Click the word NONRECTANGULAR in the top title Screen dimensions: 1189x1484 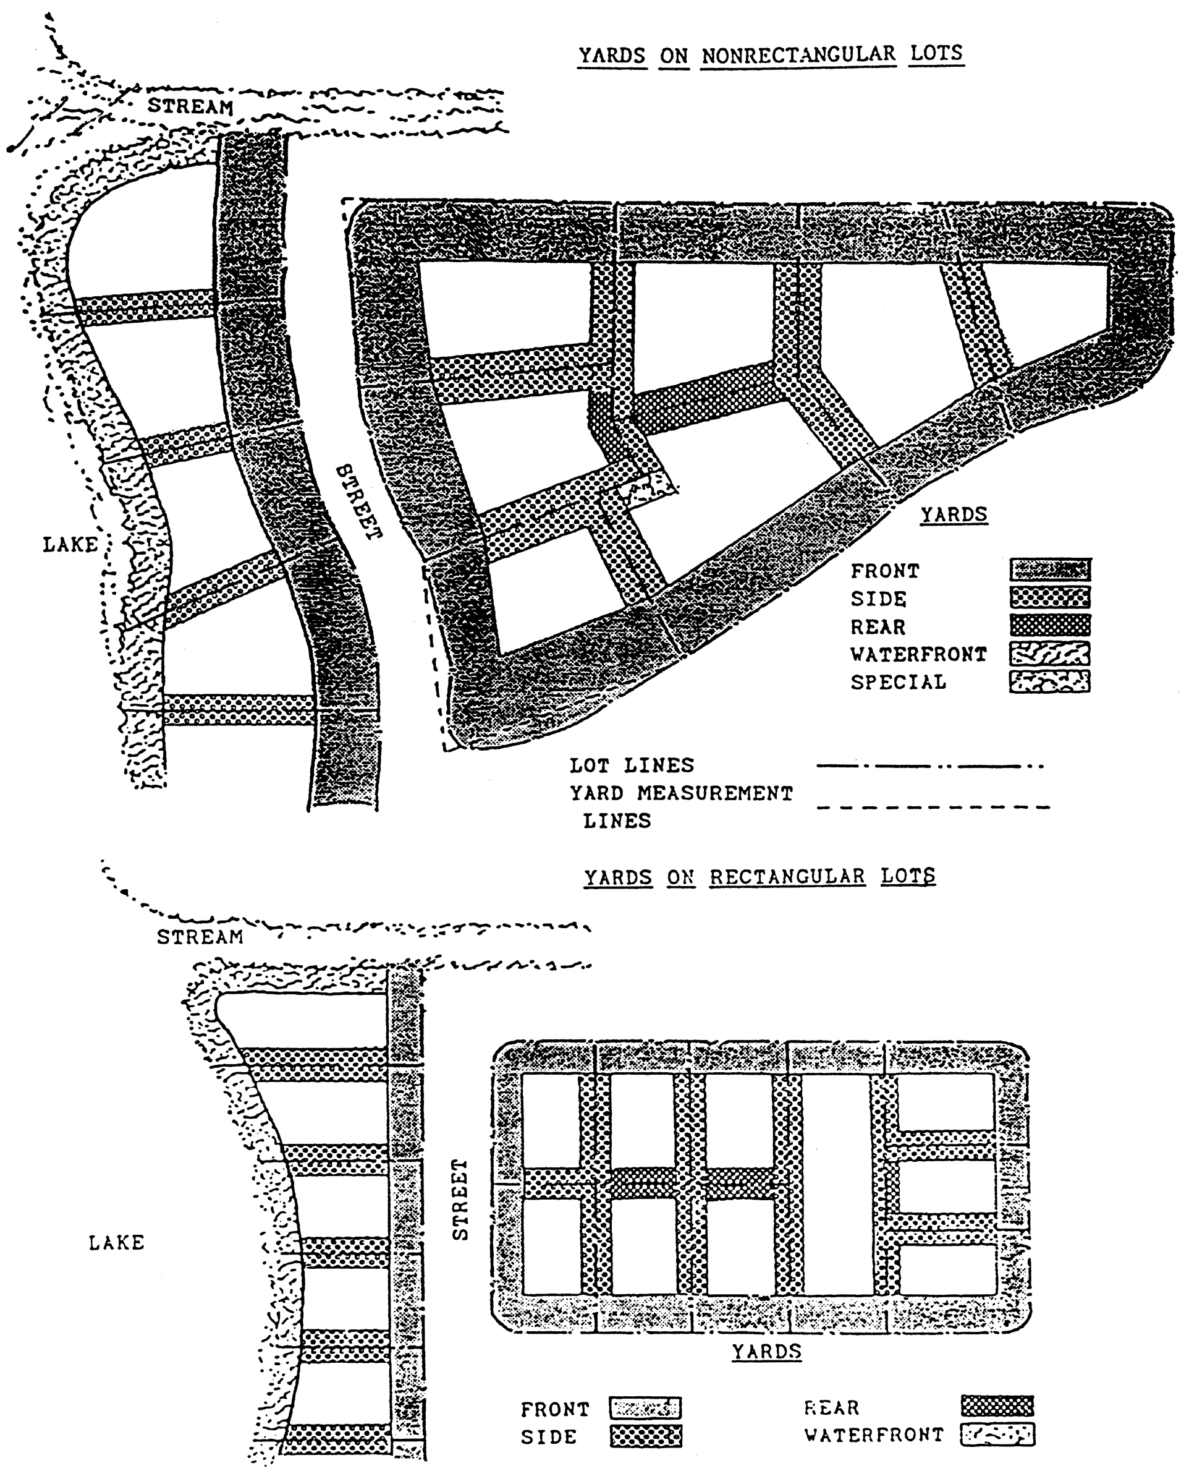(798, 55)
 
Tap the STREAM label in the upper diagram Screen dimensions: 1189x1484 (190, 107)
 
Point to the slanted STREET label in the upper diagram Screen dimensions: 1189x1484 (358, 503)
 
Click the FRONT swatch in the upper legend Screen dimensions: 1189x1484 (1049, 570)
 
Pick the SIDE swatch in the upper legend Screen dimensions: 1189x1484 (1049, 597)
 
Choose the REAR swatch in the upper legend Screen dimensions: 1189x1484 (1049, 625)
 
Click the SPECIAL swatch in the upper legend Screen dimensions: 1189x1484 (1049, 681)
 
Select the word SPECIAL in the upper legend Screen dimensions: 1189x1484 (898, 682)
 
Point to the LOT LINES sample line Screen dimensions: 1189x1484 (929, 766)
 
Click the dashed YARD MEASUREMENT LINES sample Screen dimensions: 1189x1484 (933, 807)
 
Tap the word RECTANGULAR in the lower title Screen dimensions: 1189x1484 (787, 877)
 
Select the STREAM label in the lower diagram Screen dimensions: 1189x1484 (200, 937)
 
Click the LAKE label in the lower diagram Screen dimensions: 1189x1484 (116, 1242)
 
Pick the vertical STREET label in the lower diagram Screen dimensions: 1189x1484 (460, 1199)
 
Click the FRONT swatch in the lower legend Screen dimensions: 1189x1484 (645, 1409)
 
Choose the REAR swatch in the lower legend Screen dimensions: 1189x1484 (997, 1406)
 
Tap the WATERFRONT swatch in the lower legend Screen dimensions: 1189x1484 (997, 1435)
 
